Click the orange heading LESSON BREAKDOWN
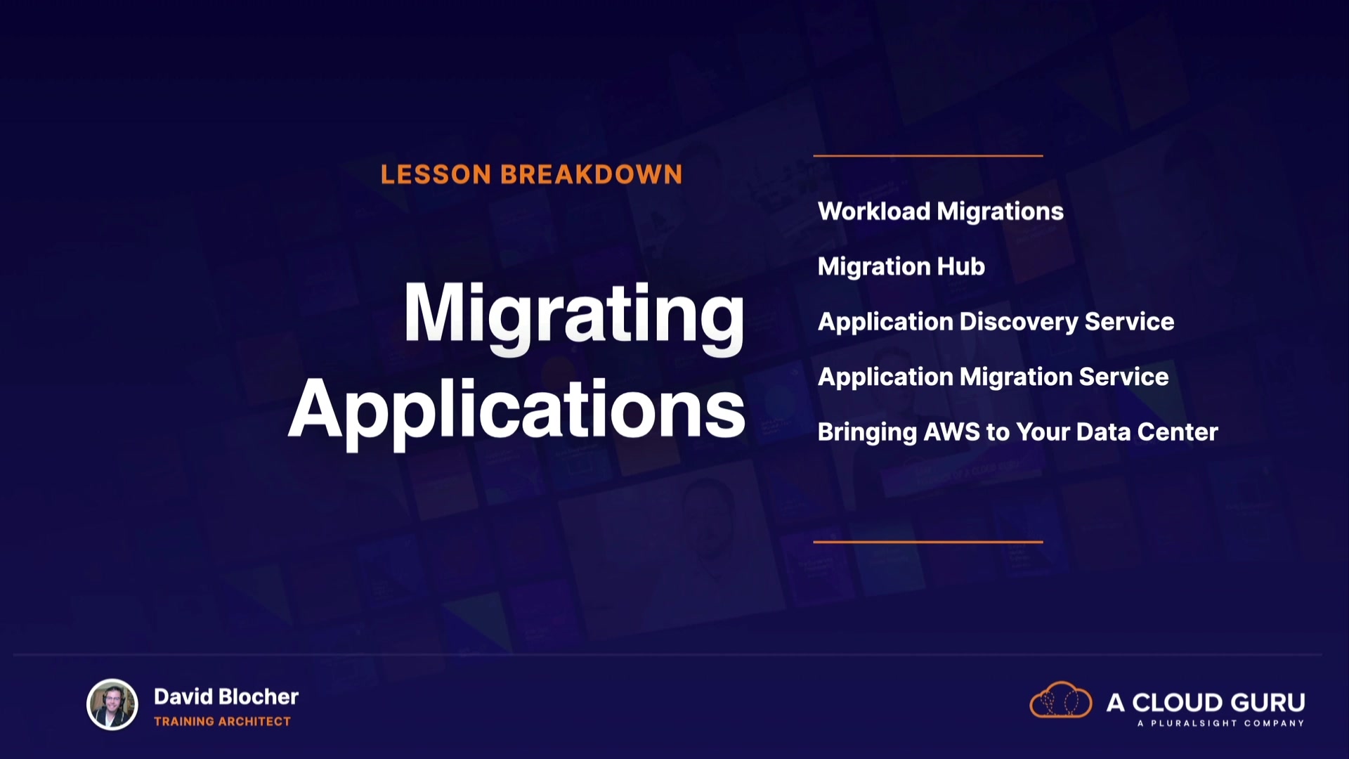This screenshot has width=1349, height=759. (531, 174)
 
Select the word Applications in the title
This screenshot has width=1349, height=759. (516, 412)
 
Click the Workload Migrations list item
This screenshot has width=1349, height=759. (941, 212)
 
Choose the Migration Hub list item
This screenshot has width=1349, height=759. (901, 267)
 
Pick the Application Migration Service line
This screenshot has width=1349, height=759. (993, 377)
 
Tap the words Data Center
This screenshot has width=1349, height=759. (1147, 432)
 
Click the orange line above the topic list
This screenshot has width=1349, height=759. (928, 155)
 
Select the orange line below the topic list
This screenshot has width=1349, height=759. (928, 542)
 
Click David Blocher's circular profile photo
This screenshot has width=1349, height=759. (112, 704)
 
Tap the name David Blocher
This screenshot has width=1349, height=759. (226, 696)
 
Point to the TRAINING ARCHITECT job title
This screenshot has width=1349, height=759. (222, 722)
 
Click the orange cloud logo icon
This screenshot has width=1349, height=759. (1060, 700)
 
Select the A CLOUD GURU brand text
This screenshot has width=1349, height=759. (1206, 702)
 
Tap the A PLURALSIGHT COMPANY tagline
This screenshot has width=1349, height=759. (1221, 723)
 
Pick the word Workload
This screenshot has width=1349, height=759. (874, 212)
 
